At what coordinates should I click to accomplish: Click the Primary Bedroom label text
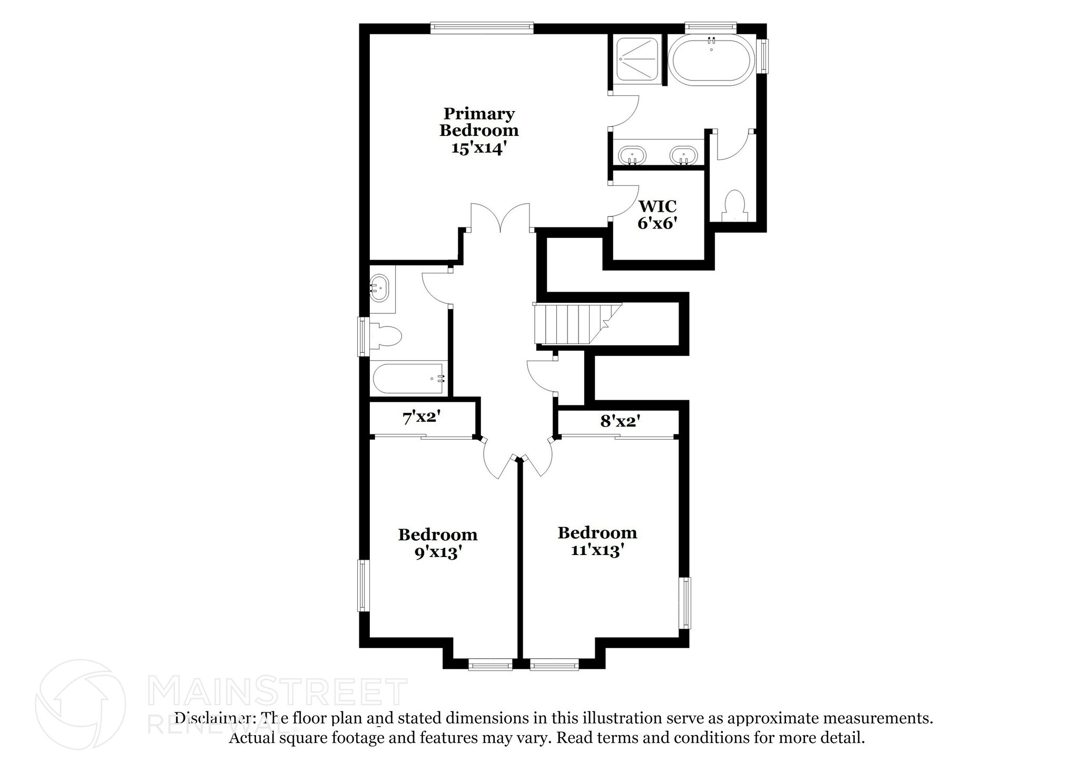479,122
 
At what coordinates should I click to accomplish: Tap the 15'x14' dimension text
479,148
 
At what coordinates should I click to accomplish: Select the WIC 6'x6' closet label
657,214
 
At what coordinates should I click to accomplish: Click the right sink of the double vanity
683,155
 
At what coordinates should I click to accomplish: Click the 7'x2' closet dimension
421,418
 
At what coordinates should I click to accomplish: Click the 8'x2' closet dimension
620,421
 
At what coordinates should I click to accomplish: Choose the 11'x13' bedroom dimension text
597,550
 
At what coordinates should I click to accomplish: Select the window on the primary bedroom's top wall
482,28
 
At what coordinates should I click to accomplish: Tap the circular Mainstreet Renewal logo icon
80,703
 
